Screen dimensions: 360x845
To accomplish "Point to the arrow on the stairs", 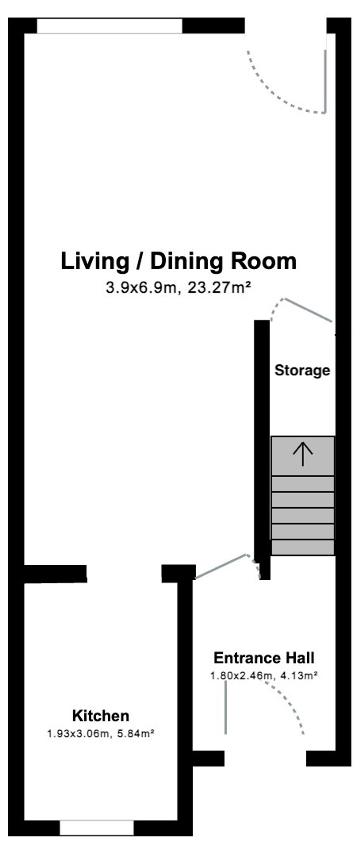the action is click(x=303, y=454).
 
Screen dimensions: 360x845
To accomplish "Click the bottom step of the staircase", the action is click(x=303, y=547).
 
